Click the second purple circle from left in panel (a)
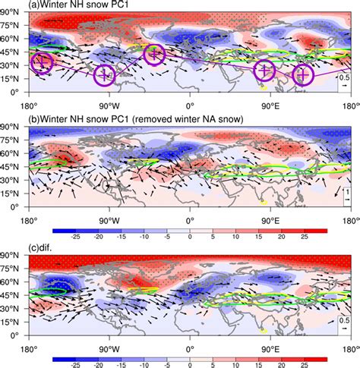(x=106, y=75)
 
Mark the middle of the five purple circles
(x=154, y=54)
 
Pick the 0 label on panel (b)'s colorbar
(x=189, y=235)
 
